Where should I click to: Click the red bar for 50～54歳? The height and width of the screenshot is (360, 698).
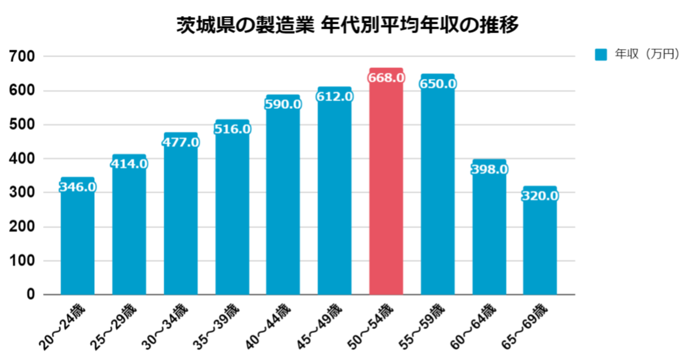(x=386, y=187)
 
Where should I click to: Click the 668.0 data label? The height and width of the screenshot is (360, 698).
(x=386, y=78)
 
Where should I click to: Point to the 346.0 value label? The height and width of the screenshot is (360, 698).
(x=78, y=187)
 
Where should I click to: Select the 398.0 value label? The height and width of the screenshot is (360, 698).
(x=489, y=169)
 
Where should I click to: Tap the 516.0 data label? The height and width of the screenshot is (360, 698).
(x=232, y=129)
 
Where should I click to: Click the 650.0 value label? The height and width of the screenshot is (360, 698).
(x=437, y=84)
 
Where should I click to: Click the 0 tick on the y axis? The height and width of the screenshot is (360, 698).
(x=31, y=294)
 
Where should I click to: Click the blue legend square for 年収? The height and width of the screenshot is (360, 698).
(x=600, y=55)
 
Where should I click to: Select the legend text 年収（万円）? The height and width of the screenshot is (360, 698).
(x=647, y=54)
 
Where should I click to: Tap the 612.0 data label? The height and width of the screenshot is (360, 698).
(x=334, y=96)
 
